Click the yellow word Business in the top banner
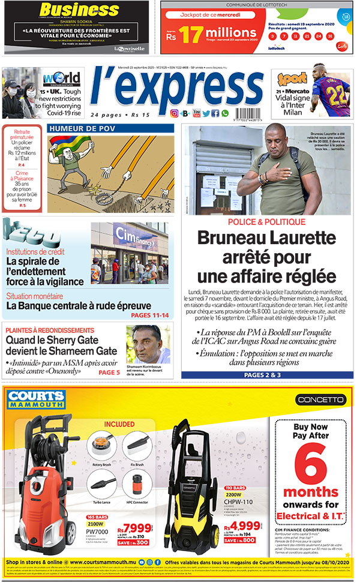pyautogui.click(x=71, y=10)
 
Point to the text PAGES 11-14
pyautogui.click(x=149, y=315)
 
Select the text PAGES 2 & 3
pyautogui.click(x=262, y=375)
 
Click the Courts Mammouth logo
pyautogui.click(x=36, y=399)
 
